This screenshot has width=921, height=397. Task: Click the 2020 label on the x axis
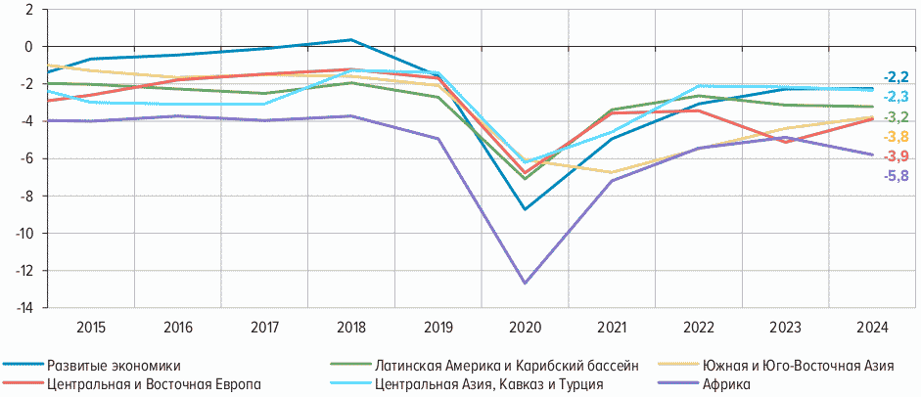click(526, 327)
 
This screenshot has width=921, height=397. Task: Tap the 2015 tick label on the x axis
click(91, 327)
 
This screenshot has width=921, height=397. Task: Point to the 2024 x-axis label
click(873, 327)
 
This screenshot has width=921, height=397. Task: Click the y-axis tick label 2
click(28, 10)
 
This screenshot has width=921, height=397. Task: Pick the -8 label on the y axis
click(26, 196)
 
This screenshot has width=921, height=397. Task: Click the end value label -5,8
click(897, 177)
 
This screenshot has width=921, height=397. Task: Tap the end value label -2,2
click(897, 76)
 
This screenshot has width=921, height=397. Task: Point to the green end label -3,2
click(897, 117)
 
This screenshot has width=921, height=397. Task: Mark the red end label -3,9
click(897, 156)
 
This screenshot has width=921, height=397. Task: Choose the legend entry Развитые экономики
click(114, 366)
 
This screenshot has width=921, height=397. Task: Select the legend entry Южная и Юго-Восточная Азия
click(798, 366)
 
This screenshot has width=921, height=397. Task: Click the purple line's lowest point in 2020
click(526, 283)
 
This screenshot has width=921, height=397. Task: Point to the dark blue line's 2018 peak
click(351, 40)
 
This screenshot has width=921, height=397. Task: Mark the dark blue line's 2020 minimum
click(526, 209)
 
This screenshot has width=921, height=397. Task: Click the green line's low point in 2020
click(526, 178)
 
